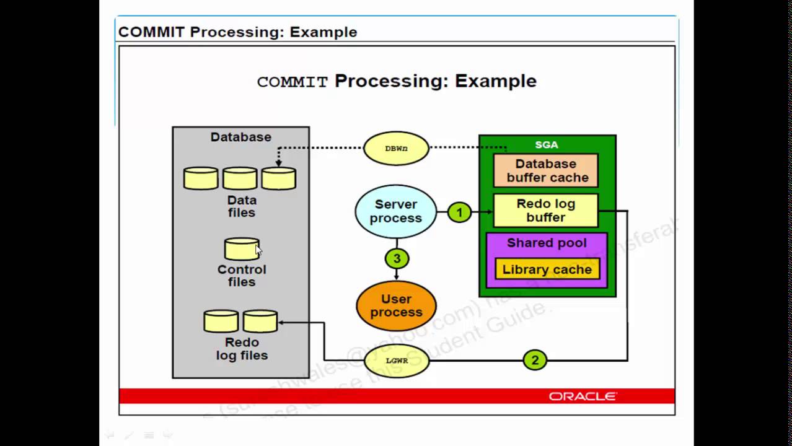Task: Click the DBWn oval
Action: point(396,149)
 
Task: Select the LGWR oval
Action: point(396,360)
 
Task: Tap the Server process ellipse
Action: point(396,211)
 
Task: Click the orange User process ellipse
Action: point(396,305)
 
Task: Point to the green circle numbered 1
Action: point(459,212)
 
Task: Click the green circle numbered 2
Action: point(535,360)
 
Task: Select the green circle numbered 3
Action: point(397,258)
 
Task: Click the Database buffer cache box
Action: point(546,171)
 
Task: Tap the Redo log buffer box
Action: point(545,211)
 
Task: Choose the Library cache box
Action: point(547,269)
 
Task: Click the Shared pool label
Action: point(546,243)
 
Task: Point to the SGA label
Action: point(546,144)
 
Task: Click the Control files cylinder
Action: point(241,249)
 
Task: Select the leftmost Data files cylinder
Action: point(201,178)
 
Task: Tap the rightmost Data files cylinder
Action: point(278,178)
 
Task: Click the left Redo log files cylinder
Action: point(221,321)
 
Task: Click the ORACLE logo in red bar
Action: point(583,396)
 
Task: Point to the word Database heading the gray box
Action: point(240,137)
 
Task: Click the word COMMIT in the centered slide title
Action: point(292,82)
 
